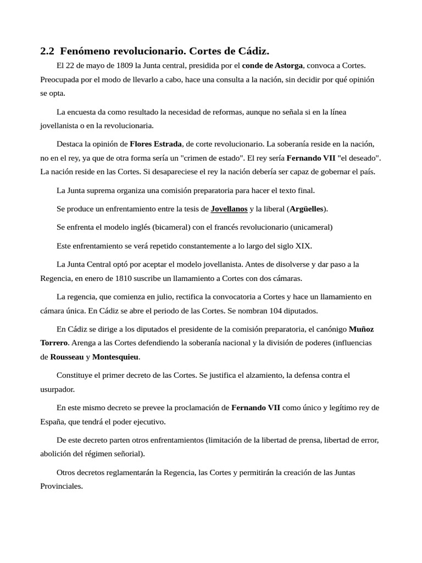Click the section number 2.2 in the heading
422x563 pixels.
tap(47, 52)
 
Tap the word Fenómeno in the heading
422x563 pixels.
tap(81, 52)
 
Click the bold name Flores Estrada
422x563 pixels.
tap(156, 144)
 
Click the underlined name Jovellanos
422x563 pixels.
tap(229, 209)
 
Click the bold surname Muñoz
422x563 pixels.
tap(361, 329)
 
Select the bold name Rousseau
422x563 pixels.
tap(67, 357)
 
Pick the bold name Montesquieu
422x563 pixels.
tap(115, 357)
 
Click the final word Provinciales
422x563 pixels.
tap(62, 486)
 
